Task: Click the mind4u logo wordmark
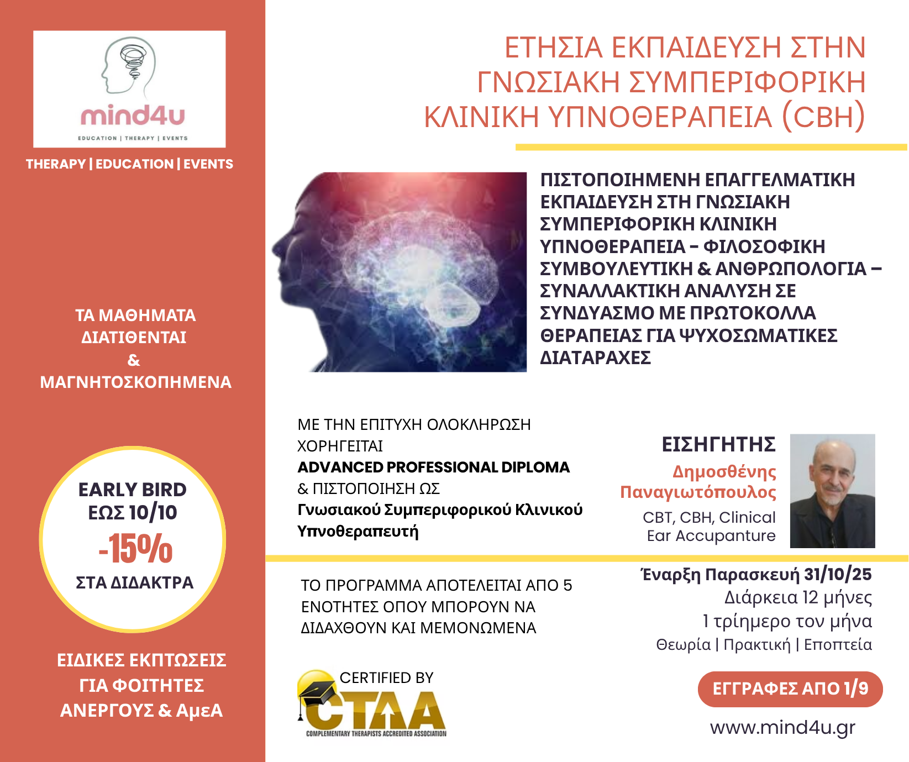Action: (133, 116)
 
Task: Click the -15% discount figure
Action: (135, 549)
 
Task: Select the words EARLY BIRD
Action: (133, 490)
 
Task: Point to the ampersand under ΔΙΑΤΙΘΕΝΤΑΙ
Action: (134, 360)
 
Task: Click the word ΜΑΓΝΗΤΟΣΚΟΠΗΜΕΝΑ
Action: (135, 382)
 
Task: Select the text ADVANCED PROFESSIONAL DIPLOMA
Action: (434, 467)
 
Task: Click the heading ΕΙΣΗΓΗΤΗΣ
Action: (719, 445)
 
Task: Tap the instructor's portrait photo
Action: (833, 491)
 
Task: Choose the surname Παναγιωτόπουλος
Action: (698, 492)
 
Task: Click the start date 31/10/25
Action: (838, 575)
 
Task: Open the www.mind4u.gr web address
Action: (782, 728)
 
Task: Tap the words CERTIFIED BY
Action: (386, 678)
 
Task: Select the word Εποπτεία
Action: (838, 645)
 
